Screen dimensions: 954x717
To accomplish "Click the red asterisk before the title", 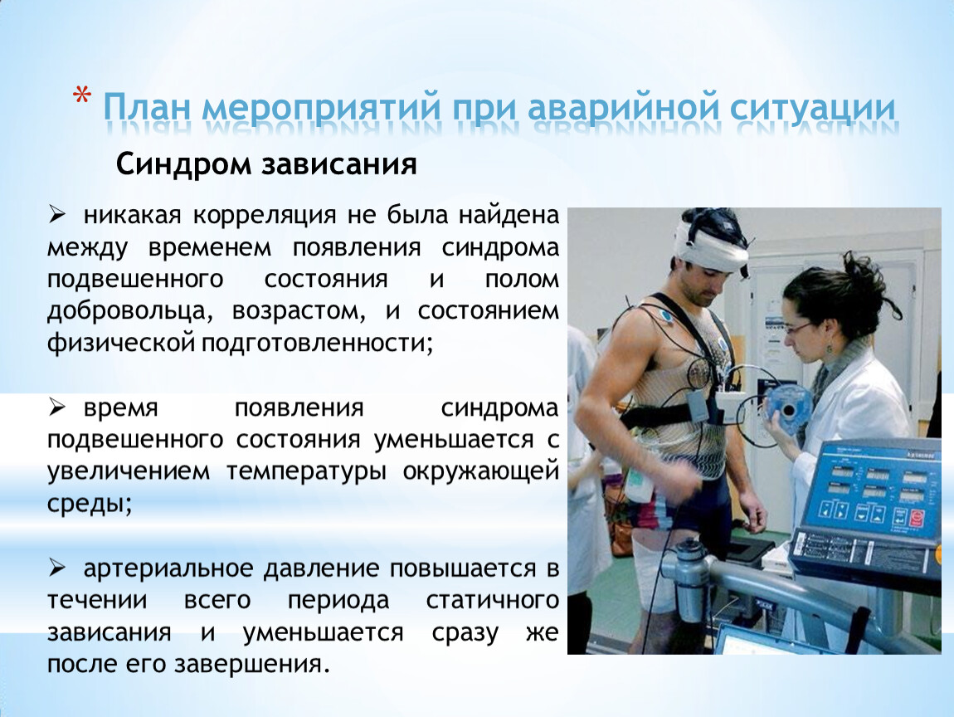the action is (81, 96).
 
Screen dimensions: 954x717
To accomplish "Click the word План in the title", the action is (147, 107).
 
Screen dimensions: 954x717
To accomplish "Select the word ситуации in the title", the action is (812, 109).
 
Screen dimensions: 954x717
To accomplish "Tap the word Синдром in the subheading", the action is (183, 164).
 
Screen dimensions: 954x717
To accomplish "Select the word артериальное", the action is (168, 569).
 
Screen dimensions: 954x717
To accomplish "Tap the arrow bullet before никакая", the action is (57, 214).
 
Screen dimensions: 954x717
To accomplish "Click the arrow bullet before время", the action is (57, 407).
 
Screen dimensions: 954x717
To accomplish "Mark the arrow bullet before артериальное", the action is (57, 568).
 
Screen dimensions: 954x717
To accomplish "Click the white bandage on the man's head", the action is (711, 246).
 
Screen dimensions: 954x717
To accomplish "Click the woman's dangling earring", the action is (829, 353).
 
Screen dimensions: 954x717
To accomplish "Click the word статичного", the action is (493, 601).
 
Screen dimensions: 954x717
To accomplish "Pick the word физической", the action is (121, 344).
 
